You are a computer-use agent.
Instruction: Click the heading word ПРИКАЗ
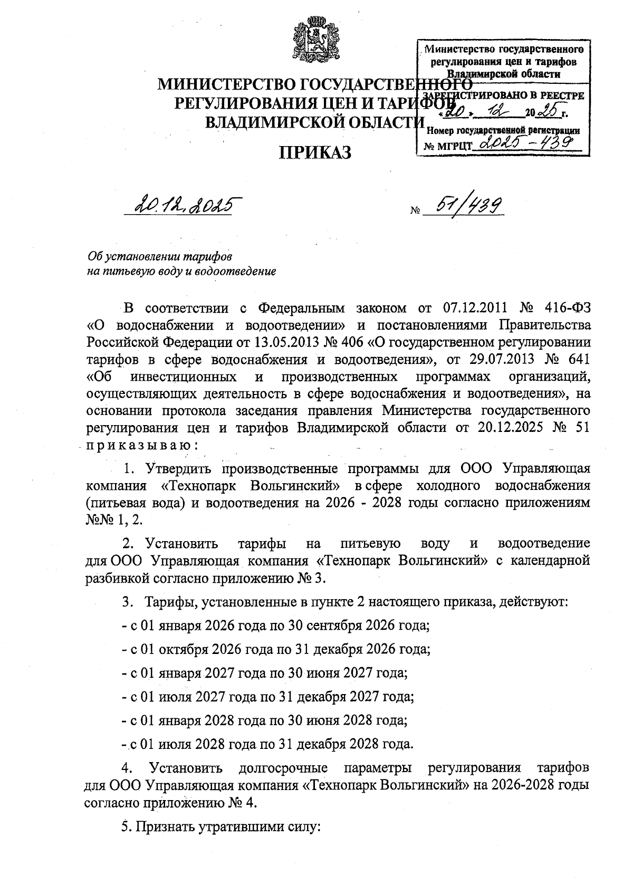click(315, 152)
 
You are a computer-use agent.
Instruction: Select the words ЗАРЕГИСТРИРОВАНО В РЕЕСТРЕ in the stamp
click(504, 96)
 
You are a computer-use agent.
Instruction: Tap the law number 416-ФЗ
click(565, 307)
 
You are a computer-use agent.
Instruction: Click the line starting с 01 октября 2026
click(276, 649)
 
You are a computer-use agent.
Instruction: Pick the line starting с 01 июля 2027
click(267, 696)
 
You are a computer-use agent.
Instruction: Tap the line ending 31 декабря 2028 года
click(267, 744)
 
